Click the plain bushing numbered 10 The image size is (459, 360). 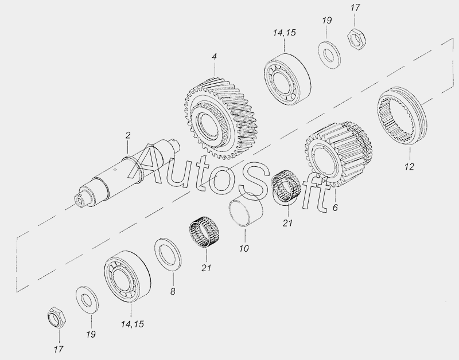(x=246, y=209)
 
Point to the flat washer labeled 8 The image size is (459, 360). (x=168, y=254)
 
